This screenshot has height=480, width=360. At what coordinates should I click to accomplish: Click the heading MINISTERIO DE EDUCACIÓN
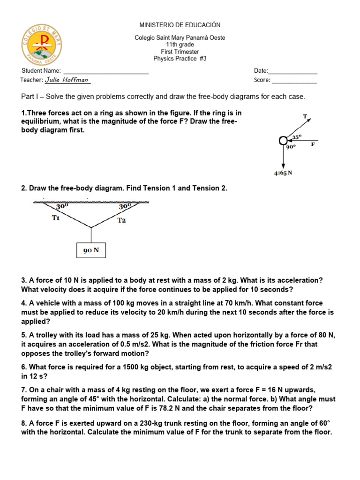coord(180,25)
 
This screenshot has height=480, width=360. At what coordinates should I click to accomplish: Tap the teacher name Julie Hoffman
coord(67,80)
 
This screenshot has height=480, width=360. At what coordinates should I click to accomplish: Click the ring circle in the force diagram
coord(283,140)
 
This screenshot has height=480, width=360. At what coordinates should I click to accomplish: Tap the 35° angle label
coord(297,137)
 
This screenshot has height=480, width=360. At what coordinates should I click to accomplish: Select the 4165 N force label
coord(283,173)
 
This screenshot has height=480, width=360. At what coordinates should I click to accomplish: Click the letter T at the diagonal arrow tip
coord(305,115)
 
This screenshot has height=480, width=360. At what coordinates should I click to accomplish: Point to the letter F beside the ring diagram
coord(313,144)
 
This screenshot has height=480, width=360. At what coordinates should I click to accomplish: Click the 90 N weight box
coord(91,250)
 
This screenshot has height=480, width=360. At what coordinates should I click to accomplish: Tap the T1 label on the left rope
coord(56,218)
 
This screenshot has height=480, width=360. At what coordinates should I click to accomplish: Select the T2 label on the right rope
coord(121,220)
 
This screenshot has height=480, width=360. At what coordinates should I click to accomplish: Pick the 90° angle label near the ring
coord(291,147)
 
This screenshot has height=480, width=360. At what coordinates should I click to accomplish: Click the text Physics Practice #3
coord(180,59)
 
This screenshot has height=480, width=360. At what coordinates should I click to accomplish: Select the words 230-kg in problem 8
coord(143,423)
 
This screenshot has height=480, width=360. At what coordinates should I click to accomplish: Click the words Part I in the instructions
coord(30,97)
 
